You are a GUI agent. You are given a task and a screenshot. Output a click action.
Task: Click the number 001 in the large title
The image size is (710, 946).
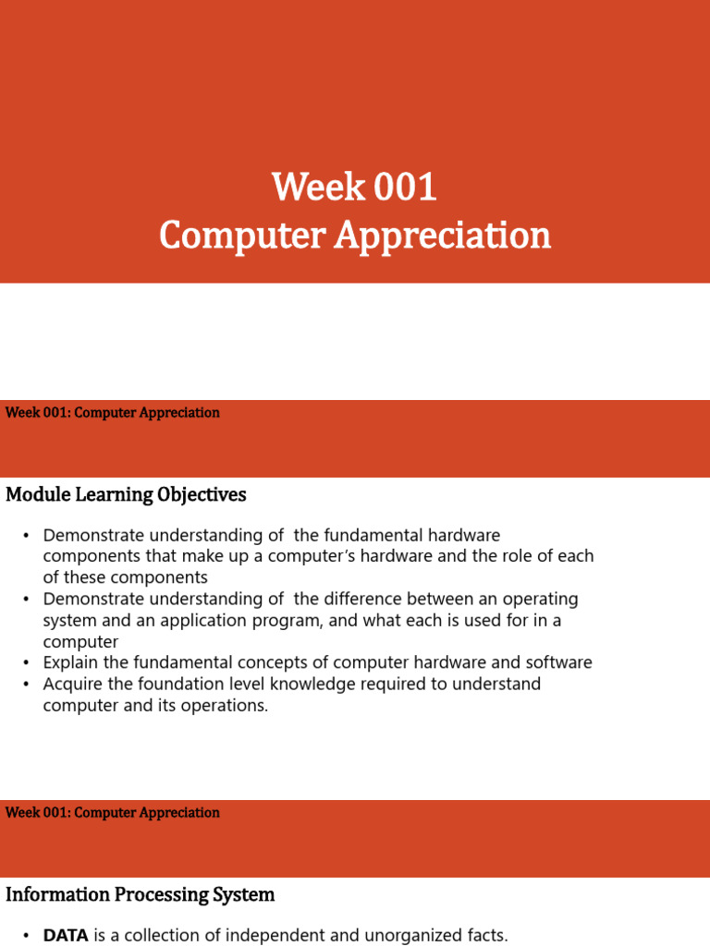click(x=405, y=188)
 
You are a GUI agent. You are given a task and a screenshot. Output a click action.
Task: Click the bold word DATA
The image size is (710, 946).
click(x=66, y=935)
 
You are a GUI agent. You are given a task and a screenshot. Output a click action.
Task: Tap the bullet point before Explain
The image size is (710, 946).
click(x=26, y=662)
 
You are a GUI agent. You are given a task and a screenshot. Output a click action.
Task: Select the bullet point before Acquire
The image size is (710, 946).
click(x=26, y=684)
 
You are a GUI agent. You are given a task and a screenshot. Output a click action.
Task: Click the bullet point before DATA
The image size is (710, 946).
click(x=26, y=935)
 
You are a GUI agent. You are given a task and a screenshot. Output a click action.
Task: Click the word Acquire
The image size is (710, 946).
click(x=72, y=684)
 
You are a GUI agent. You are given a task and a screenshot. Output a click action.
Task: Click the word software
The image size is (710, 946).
click(x=560, y=662)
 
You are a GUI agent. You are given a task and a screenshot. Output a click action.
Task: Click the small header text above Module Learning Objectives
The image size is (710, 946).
click(x=113, y=413)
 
